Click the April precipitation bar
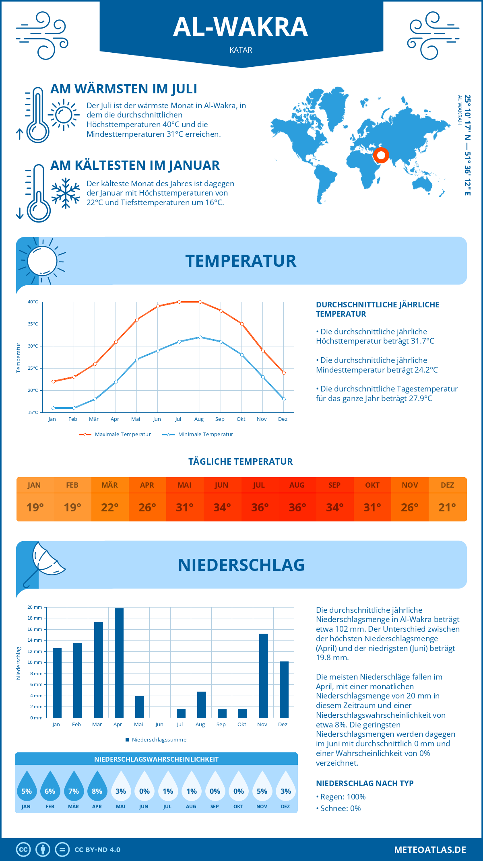119,663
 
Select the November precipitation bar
264,676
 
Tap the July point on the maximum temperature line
179,302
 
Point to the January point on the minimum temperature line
53,408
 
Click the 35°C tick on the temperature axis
33,324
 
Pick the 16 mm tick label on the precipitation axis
35,629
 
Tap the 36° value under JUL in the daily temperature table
260,507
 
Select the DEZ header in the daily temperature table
447,485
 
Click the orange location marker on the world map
381,155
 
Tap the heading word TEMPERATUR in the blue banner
241,261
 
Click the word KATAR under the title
241,50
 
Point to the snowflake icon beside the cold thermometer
66,193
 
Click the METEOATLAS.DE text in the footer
430,850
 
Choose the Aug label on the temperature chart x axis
199,419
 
